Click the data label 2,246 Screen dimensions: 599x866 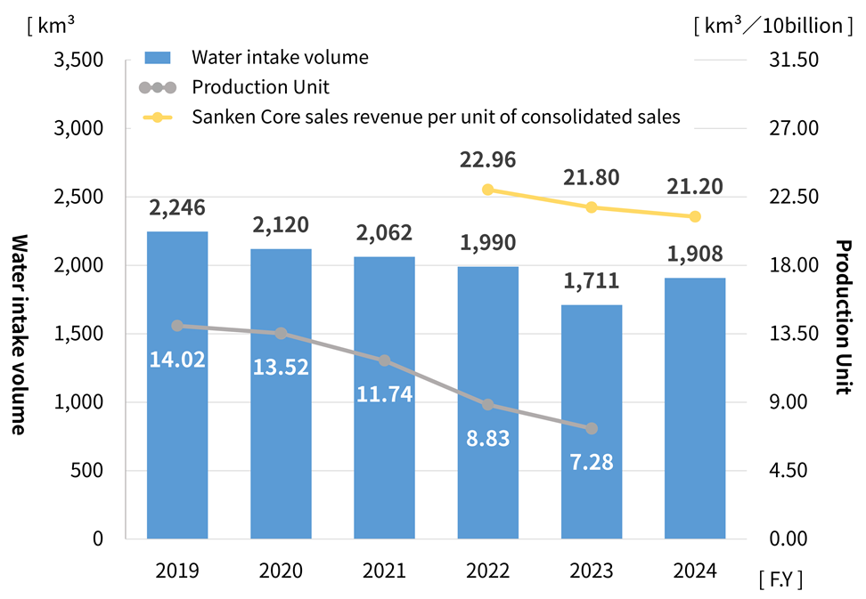[177, 208]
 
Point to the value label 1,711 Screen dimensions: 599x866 [592, 282]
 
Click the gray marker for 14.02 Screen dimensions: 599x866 [177, 326]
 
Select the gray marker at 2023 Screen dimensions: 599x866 [592, 428]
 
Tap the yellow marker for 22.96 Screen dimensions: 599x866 [487, 190]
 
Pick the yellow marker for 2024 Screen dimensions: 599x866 [695, 216]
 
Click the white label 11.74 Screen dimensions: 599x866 [384, 393]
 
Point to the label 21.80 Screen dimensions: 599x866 [592, 178]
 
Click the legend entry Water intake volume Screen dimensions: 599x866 [280, 58]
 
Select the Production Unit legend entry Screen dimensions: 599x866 [260, 87]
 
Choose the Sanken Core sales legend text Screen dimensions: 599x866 [436, 117]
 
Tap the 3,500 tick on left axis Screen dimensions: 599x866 [82, 60]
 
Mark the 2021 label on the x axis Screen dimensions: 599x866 [384, 571]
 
